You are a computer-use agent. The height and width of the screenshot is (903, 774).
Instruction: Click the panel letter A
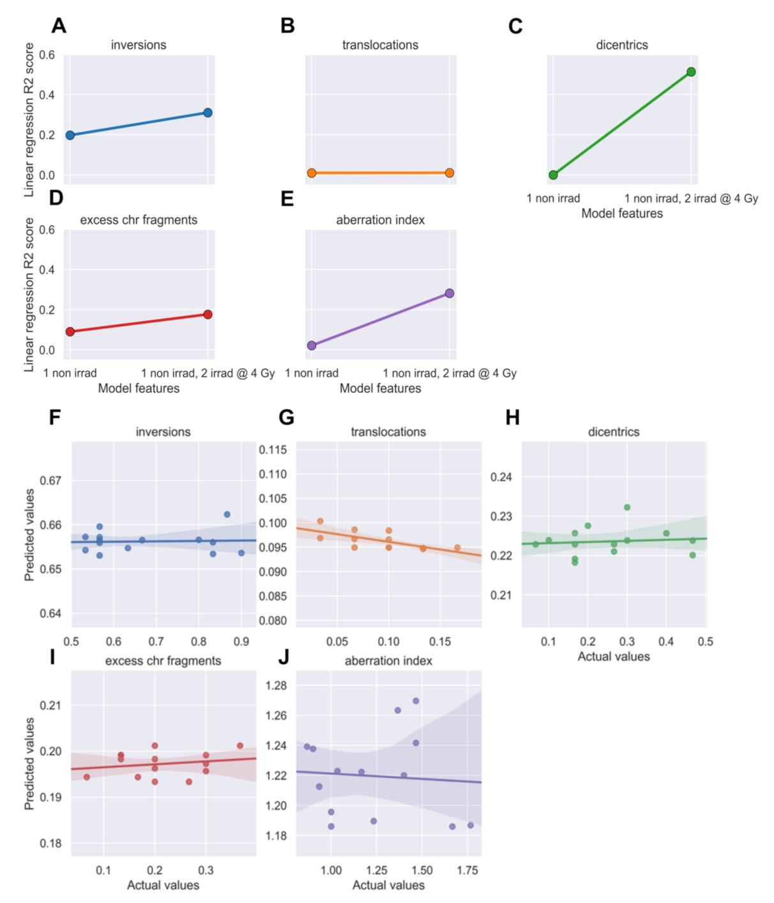(59, 26)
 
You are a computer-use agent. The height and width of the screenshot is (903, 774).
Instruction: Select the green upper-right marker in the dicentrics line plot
(691, 72)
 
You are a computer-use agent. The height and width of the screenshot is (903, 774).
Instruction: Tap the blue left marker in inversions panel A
(70, 135)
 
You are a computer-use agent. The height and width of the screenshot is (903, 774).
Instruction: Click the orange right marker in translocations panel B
(450, 173)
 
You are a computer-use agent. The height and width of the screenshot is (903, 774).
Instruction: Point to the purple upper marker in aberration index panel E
(450, 294)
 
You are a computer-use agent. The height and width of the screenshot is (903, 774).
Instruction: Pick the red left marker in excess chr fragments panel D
(70, 332)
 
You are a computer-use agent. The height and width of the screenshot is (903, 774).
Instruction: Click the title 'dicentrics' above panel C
(621, 45)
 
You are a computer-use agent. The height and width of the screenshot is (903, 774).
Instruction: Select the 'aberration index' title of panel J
(388, 661)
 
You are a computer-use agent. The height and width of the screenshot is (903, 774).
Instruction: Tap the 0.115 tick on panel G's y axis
(273, 450)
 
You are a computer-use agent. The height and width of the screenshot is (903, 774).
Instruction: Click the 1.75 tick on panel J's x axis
(467, 870)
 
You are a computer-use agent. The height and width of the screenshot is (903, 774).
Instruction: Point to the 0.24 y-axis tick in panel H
(501, 477)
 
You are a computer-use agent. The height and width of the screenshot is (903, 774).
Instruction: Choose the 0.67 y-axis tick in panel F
(51, 481)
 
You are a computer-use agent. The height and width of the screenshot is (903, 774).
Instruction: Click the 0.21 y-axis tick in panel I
(51, 705)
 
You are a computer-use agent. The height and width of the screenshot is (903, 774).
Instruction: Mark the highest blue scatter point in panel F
(227, 514)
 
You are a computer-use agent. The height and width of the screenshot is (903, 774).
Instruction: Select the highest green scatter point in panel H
(627, 507)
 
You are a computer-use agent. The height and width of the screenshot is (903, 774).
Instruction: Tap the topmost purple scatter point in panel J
(416, 701)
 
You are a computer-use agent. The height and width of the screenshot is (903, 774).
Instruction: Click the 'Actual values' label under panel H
(614, 657)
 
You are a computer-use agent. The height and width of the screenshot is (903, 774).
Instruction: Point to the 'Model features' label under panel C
(621, 214)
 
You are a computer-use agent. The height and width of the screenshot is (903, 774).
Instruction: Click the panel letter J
(284, 657)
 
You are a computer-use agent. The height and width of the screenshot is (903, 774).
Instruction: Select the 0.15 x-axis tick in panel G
(440, 642)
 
